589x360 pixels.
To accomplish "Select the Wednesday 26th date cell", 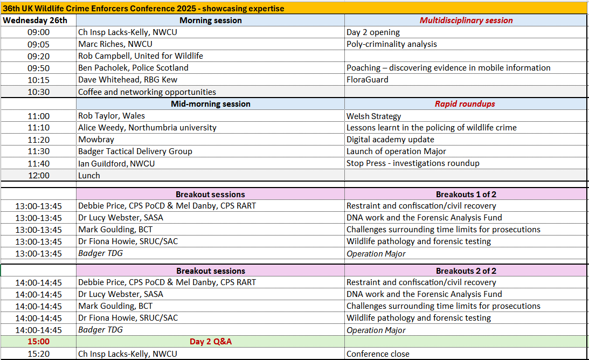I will (35, 20).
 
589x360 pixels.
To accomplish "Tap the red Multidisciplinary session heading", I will (467, 20).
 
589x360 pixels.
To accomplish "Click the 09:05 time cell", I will (38, 44).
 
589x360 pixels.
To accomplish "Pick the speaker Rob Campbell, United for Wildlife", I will (140, 56).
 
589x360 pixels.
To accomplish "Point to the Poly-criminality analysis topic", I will (391, 44).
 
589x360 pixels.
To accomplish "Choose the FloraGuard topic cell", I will (367, 80).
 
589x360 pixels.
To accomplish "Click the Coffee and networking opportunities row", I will (147, 92).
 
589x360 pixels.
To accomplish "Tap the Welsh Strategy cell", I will (373, 116).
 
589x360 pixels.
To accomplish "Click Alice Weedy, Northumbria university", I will (147, 128).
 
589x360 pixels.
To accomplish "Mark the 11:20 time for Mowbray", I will (38, 140).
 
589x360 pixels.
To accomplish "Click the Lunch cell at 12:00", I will (89, 176).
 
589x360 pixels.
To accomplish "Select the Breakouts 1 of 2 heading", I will (466, 194).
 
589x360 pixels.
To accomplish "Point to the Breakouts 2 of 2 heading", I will (466, 271).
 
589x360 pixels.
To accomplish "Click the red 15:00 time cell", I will (38, 342).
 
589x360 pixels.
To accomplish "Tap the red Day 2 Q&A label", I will (210, 342).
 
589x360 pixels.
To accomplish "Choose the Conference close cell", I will (378, 354).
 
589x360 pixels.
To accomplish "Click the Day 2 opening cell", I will (373, 32).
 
